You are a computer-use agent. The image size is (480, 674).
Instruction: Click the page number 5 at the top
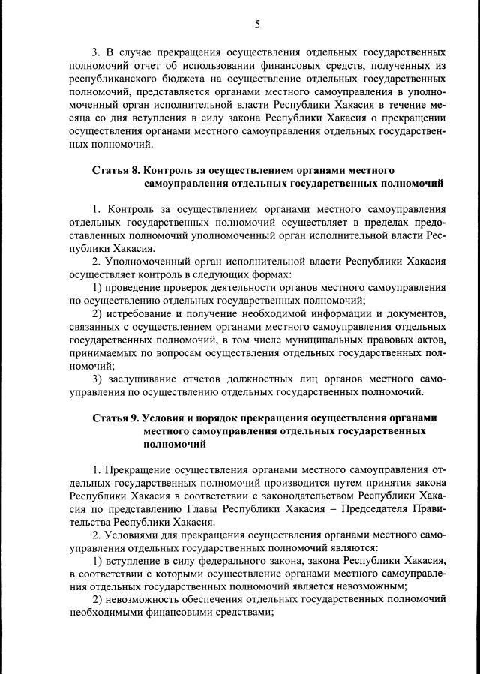coord(256,25)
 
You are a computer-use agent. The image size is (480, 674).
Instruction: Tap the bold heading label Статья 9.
coord(115,417)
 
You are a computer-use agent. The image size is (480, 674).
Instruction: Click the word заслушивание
coord(145,379)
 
